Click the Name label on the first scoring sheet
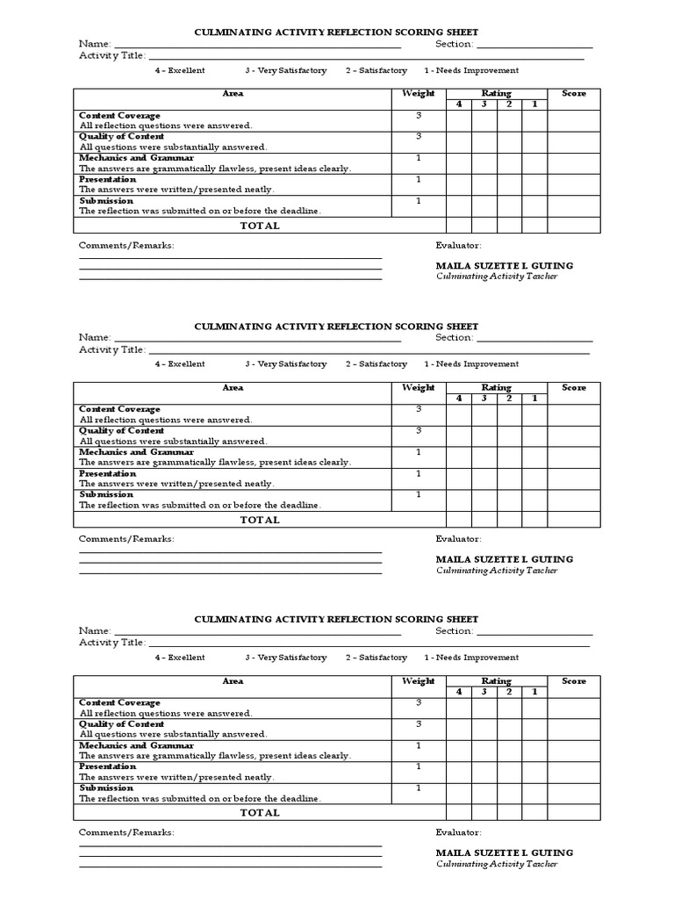point(95,44)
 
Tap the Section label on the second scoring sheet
point(454,337)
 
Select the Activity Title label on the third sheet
point(112,643)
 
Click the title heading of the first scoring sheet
point(336,32)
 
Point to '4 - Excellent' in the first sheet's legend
point(180,70)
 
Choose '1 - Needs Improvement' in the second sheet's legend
point(471,363)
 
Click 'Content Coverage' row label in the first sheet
point(119,116)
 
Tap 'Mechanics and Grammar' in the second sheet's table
point(136,452)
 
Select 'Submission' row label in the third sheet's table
point(105,788)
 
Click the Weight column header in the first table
point(418,94)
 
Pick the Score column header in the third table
point(574,681)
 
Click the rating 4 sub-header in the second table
point(458,399)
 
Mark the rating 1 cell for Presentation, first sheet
point(534,184)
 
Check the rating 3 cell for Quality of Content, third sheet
point(484,729)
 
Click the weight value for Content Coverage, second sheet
point(418,409)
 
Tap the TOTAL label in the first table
point(260,226)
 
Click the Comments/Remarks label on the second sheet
point(126,539)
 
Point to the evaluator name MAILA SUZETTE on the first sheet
point(504,265)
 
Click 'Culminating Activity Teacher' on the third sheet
point(497,864)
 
